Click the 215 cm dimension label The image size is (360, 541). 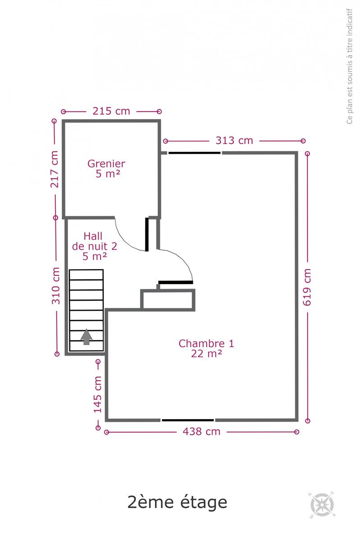(111, 111)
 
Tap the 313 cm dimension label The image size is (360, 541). (234, 141)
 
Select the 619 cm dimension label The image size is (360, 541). (307, 287)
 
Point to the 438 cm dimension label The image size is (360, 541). (201, 431)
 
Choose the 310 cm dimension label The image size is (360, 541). (56, 286)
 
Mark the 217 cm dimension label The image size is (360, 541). (55, 170)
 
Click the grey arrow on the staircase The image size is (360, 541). (87, 337)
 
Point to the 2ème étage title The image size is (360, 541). (177, 502)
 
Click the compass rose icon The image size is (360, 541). (322, 505)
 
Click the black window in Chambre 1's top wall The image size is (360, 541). (194, 153)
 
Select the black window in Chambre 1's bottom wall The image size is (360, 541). (187, 420)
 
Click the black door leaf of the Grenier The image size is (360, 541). (147, 234)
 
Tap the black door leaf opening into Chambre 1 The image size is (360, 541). (176, 282)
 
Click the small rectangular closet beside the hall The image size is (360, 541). (168, 299)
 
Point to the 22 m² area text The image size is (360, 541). (206, 353)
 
